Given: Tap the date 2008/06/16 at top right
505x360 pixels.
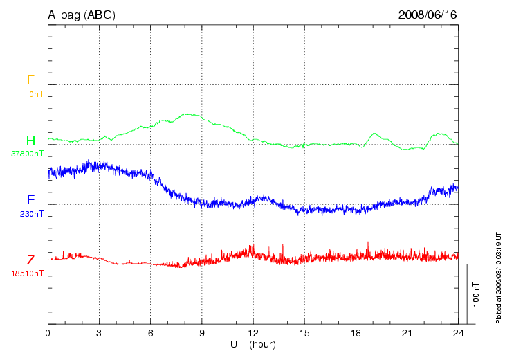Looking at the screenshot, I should (428, 15).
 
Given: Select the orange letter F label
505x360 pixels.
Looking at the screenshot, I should (30, 80).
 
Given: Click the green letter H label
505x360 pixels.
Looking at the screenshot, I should (30, 141).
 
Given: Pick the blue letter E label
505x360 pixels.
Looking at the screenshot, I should (30, 201).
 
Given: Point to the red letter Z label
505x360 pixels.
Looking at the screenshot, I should (30, 261).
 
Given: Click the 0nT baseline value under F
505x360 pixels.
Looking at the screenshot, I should (36, 93).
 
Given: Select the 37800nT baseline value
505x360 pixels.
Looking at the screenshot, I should (29, 154).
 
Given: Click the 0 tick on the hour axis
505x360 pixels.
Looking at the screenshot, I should (48, 333).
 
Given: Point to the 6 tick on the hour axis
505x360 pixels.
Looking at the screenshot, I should (150, 333).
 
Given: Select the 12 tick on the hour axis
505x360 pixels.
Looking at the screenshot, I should (253, 333).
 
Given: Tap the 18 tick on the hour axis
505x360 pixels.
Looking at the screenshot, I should (356, 333).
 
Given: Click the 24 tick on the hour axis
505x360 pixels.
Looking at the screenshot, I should (458, 333).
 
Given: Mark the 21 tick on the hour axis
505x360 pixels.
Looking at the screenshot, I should (407, 333).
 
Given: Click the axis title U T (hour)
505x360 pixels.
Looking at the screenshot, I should (253, 343).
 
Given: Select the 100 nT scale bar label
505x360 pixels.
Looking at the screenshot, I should (476, 294).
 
